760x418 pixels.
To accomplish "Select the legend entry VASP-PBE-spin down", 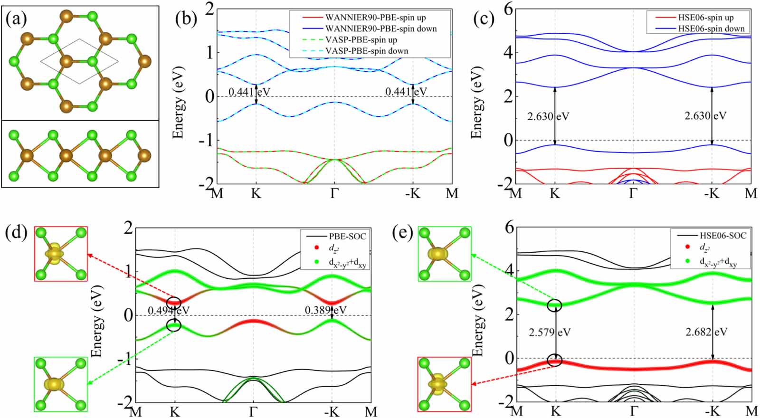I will pos(366,51).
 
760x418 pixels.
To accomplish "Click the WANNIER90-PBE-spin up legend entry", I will pos(375,18).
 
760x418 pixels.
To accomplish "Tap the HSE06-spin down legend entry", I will pos(711,28).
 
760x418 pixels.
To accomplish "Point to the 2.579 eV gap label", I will pos(550,332).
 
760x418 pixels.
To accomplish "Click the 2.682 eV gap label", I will pos(706,332).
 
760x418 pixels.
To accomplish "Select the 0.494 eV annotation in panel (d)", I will pos(168,310).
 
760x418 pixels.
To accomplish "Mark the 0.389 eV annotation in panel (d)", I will pos(325,310).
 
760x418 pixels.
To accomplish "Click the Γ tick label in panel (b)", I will pos(334,194).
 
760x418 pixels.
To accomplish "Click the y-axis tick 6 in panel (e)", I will pos(509,228).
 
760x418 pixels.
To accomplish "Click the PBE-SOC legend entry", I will pos(347,236).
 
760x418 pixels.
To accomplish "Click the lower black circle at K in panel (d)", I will pos(174,325).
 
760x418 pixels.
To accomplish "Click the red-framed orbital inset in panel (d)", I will pos(61,254).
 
